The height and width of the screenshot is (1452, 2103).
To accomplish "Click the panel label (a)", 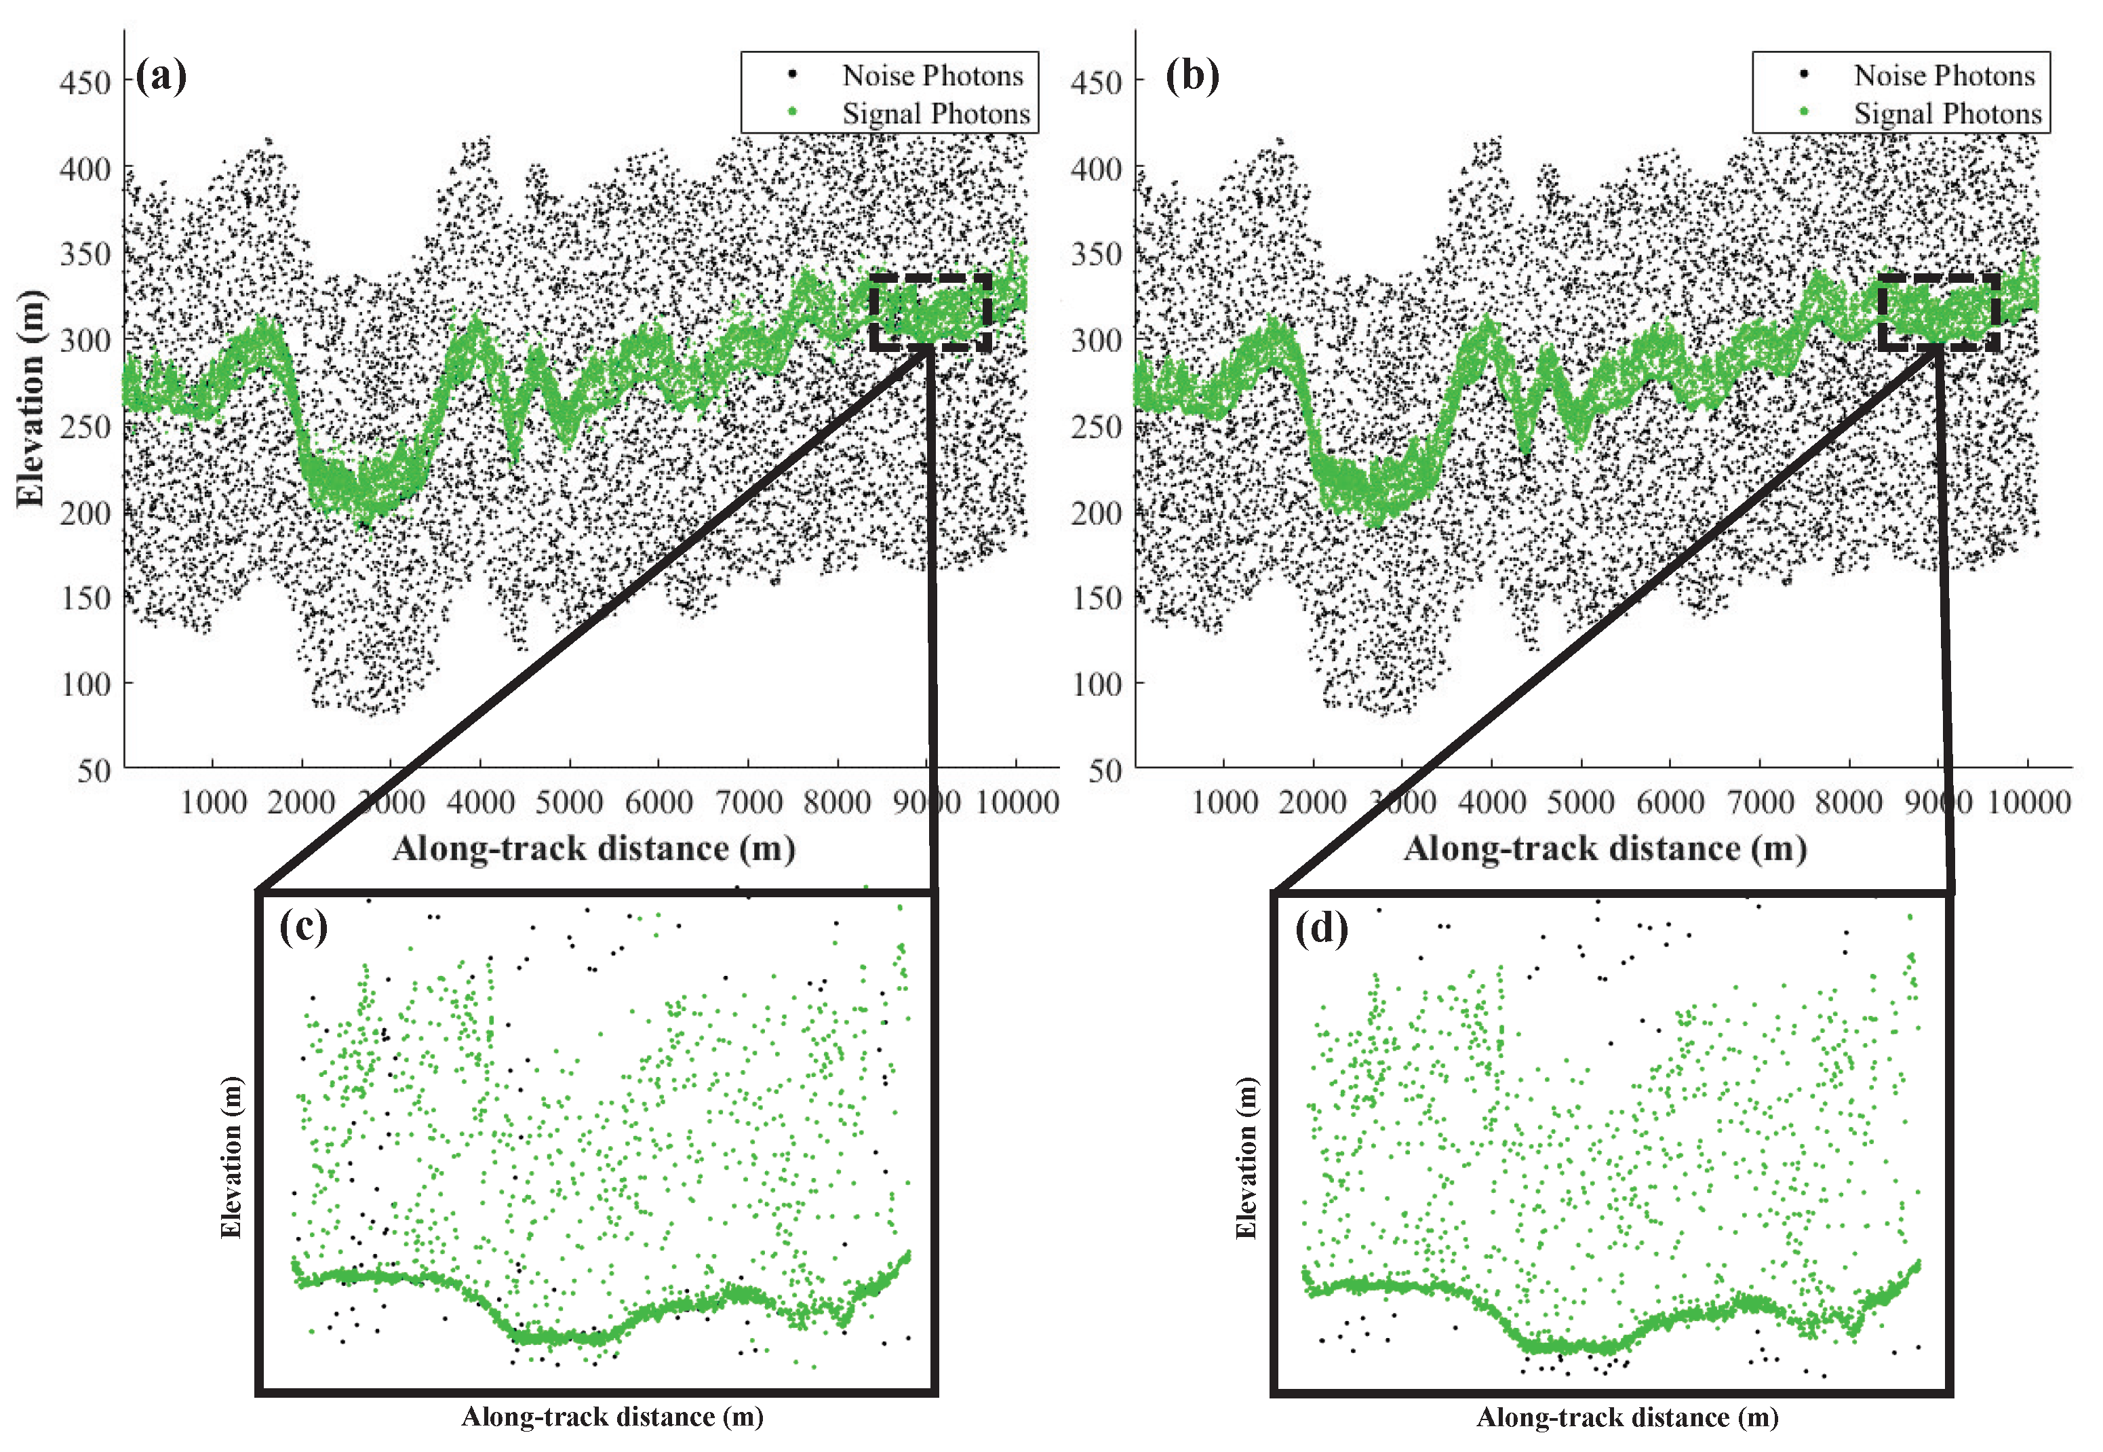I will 162,75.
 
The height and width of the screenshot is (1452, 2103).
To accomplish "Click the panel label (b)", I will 1192,75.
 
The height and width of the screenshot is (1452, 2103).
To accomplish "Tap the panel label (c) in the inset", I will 303,927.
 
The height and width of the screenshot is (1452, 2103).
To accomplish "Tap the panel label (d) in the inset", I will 1321,929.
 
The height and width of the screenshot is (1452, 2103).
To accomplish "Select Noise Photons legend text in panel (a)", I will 932,75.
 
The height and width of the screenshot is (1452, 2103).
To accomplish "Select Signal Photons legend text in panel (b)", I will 1948,114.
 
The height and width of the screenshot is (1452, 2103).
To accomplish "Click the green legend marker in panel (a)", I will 791,112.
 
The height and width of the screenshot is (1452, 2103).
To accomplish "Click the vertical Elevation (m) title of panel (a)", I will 30,397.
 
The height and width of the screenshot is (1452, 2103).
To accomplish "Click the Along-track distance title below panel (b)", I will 1605,849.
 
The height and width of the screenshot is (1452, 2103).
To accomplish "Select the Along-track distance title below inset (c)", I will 612,1417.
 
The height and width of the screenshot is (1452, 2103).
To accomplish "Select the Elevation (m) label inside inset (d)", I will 1245,1157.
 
